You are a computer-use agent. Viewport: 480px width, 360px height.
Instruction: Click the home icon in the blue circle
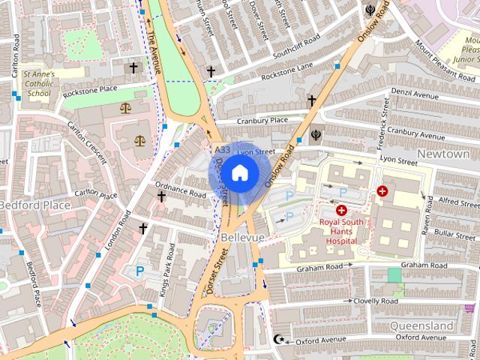[239, 173]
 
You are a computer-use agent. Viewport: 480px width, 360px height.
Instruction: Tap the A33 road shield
[222, 151]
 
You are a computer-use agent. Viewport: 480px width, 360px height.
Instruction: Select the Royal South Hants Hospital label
[341, 231]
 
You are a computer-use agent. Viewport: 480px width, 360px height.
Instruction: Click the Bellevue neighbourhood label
[243, 237]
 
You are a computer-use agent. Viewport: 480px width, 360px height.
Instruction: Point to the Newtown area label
[443, 154]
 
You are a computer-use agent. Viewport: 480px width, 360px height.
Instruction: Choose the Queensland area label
[421, 326]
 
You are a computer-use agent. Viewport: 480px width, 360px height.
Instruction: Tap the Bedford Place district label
[34, 204]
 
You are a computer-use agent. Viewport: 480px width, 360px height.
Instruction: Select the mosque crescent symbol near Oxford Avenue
[280, 339]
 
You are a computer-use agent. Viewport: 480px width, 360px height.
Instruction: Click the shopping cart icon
[469, 307]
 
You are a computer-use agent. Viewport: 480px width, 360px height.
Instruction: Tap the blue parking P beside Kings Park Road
[139, 272]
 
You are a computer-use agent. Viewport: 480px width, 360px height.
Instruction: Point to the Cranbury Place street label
[262, 120]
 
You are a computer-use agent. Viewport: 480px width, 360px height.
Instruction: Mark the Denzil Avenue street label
[413, 96]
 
